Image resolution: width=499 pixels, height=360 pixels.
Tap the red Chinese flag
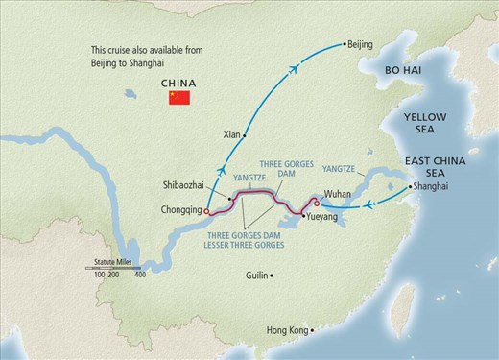click(178, 98)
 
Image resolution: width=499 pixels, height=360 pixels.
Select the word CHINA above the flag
click(178, 83)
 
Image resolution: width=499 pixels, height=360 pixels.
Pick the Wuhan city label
click(340, 194)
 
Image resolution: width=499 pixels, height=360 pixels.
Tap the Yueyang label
click(323, 218)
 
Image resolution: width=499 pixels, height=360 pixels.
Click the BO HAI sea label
click(404, 71)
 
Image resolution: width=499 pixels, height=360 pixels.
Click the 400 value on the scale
click(140, 276)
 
